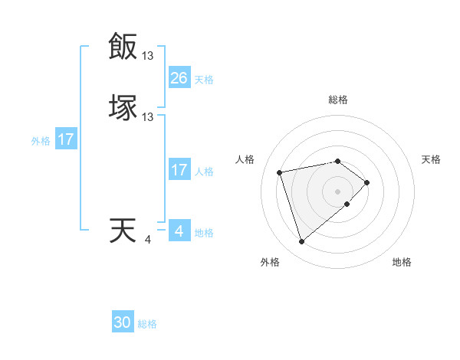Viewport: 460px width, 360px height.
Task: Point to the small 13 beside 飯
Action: click(x=148, y=56)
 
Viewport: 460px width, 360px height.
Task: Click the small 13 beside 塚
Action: click(x=148, y=117)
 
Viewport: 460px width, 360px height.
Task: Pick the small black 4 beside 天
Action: click(x=148, y=241)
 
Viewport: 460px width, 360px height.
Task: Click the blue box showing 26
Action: click(x=179, y=78)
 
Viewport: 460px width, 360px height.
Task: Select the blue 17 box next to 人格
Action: click(x=179, y=170)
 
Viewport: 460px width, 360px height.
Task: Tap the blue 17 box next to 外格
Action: click(x=66, y=139)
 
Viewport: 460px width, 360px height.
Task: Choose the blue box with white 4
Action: click(x=179, y=231)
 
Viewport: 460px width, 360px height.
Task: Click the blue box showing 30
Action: click(x=123, y=322)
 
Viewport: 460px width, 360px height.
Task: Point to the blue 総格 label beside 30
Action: click(x=147, y=324)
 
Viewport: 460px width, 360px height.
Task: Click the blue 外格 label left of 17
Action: click(x=41, y=141)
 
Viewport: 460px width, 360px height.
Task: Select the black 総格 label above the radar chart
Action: click(x=338, y=100)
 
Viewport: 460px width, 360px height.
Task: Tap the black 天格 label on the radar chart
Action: click(x=431, y=159)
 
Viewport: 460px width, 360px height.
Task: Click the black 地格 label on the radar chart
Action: click(x=402, y=262)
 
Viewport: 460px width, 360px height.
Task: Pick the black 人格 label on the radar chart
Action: click(x=245, y=159)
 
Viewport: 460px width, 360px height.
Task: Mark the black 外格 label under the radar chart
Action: click(x=270, y=262)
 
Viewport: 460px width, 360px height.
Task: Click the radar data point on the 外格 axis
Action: click(x=301, y=242)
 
